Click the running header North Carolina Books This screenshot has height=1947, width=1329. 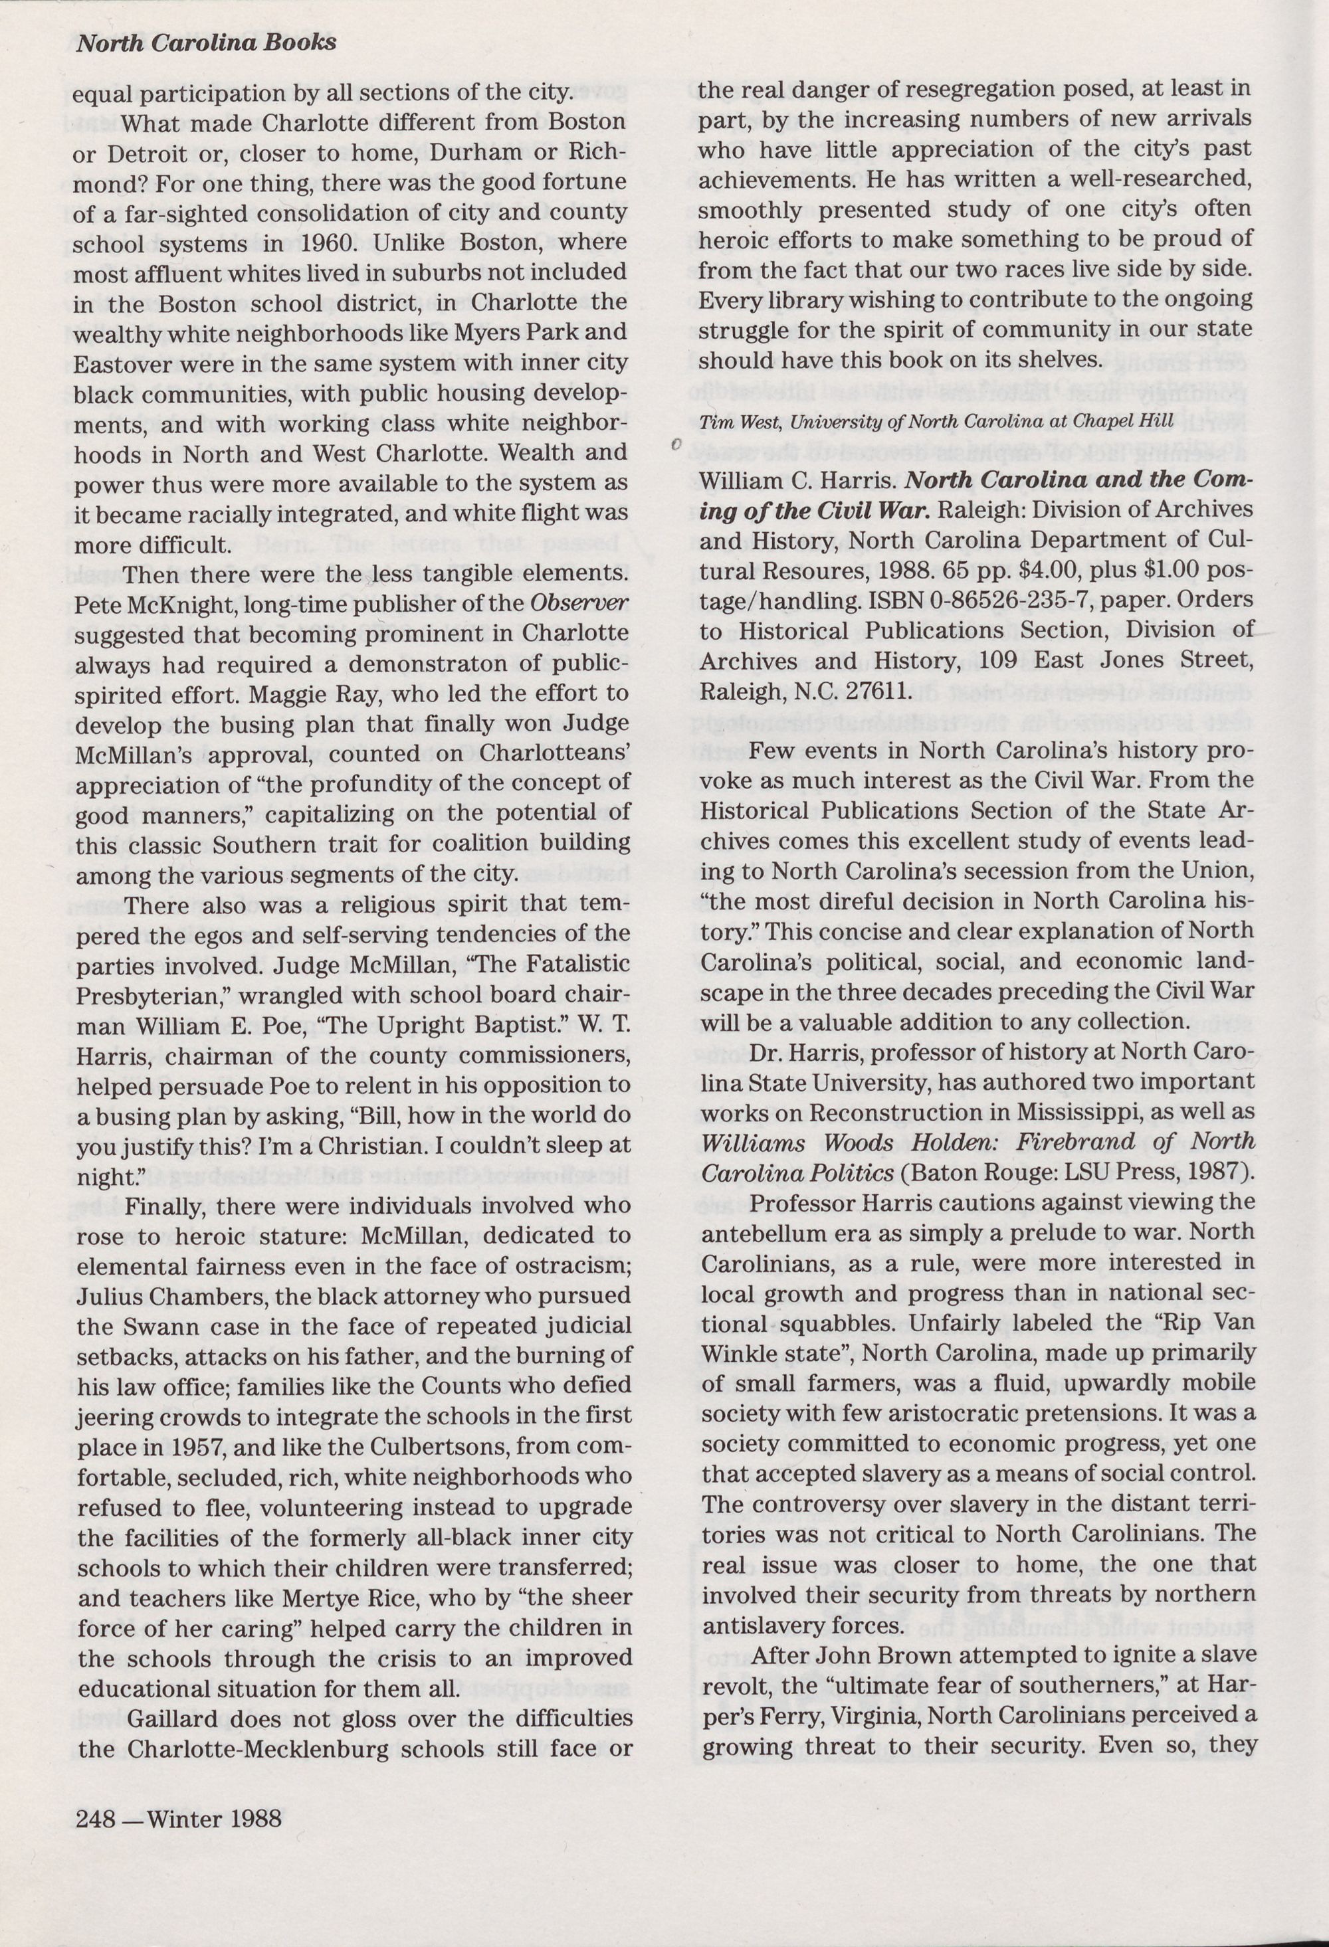click(206, 43)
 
